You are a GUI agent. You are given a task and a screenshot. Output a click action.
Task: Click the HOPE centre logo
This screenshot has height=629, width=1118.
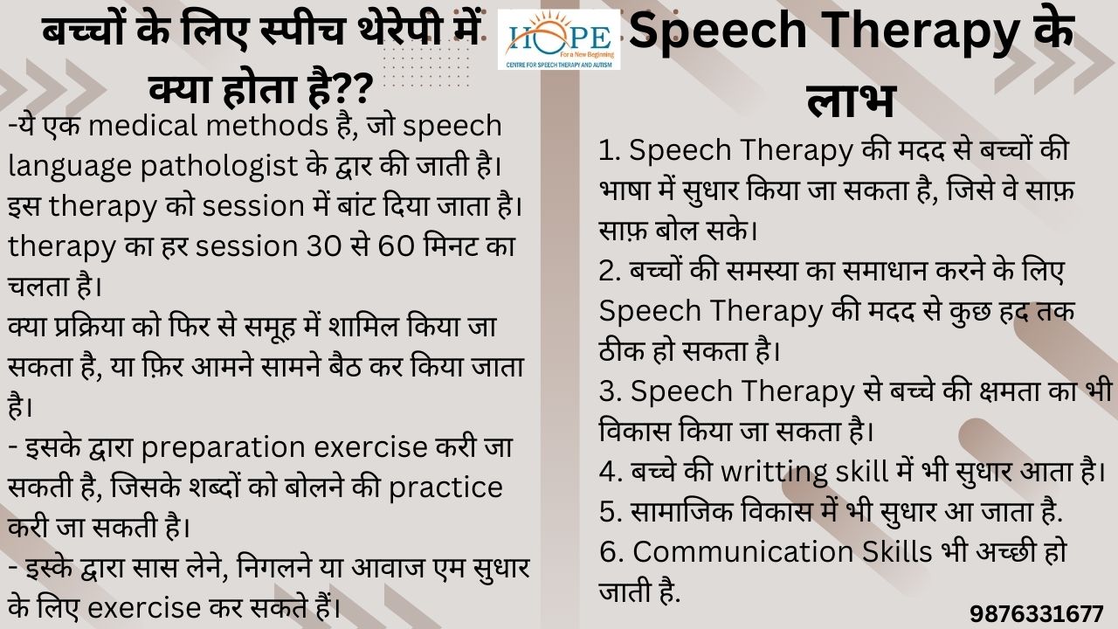click(559, 39)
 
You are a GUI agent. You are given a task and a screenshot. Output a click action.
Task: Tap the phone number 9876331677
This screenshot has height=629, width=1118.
click(1037, 613)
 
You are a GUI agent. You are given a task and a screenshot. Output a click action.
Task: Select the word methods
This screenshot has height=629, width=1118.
click(266, 125)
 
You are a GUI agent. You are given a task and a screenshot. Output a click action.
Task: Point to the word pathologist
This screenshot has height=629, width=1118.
click(218, 166)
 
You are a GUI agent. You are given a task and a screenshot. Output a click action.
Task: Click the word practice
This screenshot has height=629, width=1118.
click(445, 488)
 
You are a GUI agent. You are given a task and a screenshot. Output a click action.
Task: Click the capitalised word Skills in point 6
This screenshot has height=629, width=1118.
click(897, 551)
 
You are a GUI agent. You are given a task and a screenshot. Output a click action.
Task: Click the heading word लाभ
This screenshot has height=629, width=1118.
click(851, 100)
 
